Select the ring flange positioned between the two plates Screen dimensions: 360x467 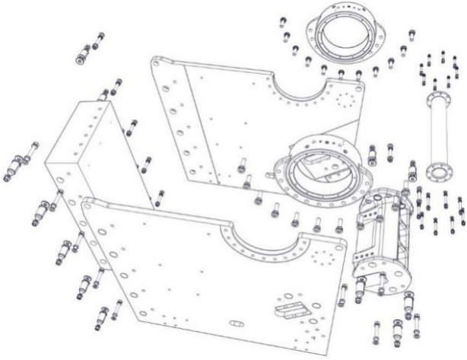(x=319, y=164)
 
